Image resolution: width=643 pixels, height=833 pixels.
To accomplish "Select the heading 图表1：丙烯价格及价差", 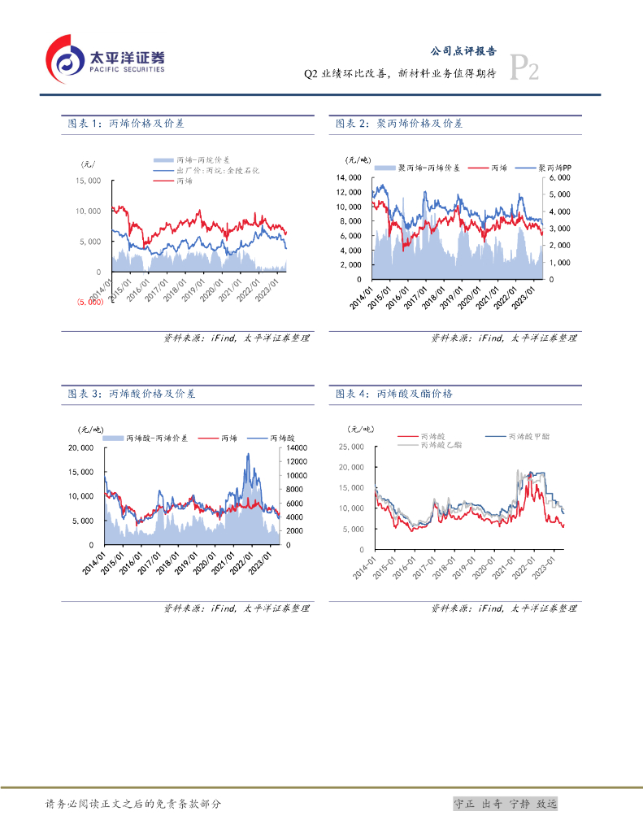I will point(126,124).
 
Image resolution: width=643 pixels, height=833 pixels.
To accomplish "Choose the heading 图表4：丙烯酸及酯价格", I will point(394,394).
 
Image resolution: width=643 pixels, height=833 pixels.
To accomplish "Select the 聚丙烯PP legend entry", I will point(556,167).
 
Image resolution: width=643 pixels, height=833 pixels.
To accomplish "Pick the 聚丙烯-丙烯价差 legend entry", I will point(428,167).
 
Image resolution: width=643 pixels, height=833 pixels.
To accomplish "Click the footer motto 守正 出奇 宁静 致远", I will point(505,804).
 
